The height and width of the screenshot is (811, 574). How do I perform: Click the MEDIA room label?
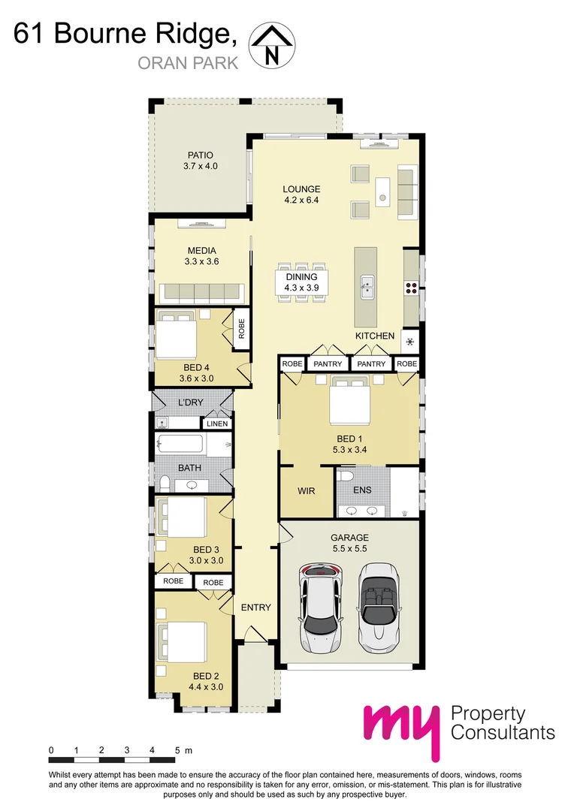coord(201,251)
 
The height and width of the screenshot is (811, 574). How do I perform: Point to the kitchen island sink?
coord(367,285)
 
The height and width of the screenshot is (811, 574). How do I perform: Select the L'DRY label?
coord(190,403)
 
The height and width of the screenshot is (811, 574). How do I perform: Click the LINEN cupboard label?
coord(216,424)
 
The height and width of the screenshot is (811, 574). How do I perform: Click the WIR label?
coord(306,491)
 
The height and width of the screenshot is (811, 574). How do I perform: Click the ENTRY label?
coord(255,607)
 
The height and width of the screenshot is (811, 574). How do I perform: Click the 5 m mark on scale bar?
coord(178,750)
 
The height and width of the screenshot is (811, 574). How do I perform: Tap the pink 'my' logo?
coord(399,728)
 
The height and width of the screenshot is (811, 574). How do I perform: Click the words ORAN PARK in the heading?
coord(188,63)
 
